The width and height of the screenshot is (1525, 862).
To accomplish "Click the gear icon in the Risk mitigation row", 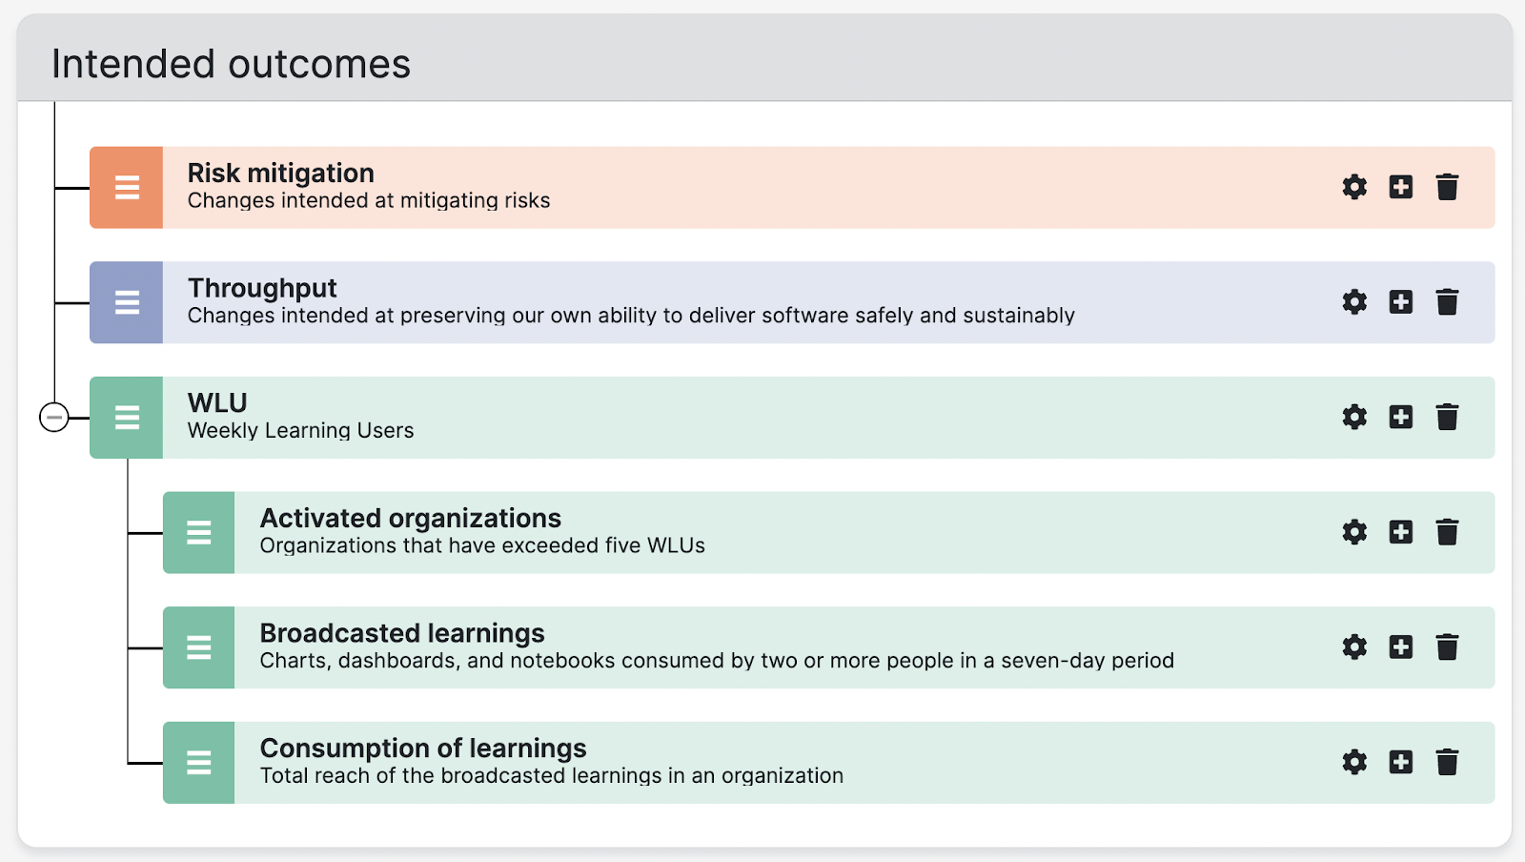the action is (1354, 187).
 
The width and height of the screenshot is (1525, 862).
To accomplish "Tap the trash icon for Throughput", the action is (1447, 301).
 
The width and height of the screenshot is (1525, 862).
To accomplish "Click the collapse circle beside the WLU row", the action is (53, 418).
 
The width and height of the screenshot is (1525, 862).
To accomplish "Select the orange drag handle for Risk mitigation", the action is (127, 187).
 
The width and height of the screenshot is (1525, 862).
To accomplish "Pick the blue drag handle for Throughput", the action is (127, 302).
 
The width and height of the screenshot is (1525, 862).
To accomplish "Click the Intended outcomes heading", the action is (231, 64).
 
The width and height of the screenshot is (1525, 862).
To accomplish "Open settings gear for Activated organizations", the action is (1354, 532).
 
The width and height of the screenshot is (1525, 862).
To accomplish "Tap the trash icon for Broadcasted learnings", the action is (1447, 646).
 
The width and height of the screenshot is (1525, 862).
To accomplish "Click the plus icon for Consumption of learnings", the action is (1400, 762).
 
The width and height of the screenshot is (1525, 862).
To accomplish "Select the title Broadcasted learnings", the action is (401, 633).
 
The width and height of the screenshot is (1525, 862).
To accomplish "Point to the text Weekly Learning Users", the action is (300, 430).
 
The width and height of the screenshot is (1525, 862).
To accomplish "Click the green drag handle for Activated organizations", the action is (199, 532).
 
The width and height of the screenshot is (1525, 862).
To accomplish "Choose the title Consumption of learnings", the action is (423, 749).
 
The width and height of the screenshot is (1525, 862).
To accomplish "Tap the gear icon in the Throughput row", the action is (1354, 301).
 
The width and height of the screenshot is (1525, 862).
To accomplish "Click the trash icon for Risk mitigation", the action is (1447, 187).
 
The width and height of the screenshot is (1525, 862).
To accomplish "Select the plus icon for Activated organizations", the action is (1400, 532).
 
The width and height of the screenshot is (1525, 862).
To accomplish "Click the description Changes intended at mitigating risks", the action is (368, 200).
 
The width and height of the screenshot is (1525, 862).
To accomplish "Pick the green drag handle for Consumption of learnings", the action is (199, 763).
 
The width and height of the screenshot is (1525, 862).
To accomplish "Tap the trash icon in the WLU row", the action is (1447, 417).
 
